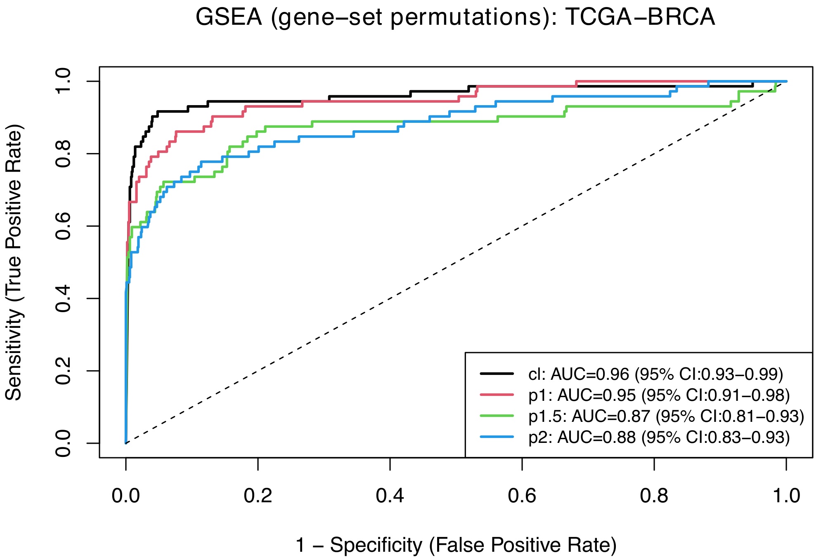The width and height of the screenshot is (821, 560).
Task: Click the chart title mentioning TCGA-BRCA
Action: (455, 18)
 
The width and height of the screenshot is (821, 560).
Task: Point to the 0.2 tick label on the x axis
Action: (258, 496)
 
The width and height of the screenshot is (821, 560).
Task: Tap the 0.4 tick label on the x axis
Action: (390, 496)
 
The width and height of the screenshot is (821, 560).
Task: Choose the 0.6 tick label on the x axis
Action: (522, 496)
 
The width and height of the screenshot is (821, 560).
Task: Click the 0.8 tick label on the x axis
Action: (654, 496)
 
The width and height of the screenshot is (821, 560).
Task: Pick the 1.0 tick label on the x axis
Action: (786, 496)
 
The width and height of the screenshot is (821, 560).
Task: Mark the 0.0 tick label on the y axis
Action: (64, 443)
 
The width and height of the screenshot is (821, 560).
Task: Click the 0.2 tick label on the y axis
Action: (64, 371)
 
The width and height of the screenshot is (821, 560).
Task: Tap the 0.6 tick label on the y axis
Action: (64, 226)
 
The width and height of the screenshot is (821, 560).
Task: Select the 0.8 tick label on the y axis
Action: (64, 153)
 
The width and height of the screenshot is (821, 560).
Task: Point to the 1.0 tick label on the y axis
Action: (64, 81)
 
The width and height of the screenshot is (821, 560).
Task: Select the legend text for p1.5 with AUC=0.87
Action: (666, 416)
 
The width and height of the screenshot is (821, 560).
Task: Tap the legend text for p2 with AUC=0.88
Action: (659, 437)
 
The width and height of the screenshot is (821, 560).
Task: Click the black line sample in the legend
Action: (497, 374)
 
